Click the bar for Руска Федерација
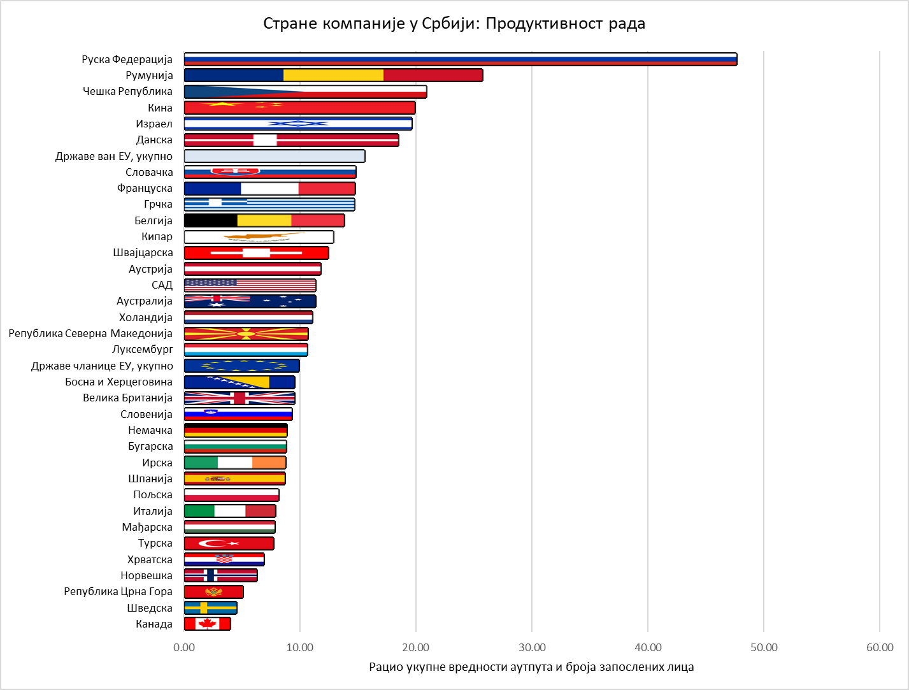pos(460,59)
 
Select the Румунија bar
pos(333,75)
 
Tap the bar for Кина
pos(299,108)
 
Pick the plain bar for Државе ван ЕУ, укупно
pos(274,156)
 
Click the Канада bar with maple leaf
pos(207,624)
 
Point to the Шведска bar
pos(210,608)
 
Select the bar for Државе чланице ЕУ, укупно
pos(241,366)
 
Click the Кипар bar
pos(259,237)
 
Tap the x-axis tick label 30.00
pos(532,647)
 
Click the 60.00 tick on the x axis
pos(880,647)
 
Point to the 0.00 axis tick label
pos(184,647)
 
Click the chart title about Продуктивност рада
pos(454,24)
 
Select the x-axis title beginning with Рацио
pos(531,667)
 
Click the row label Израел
pos(154,124)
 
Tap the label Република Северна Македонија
pos(90,333)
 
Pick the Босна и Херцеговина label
pos(118,382)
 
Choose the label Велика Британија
pos(127,398)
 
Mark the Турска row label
pos(155,543)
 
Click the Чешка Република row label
pos(127,91)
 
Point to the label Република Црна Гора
pos(118,591)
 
